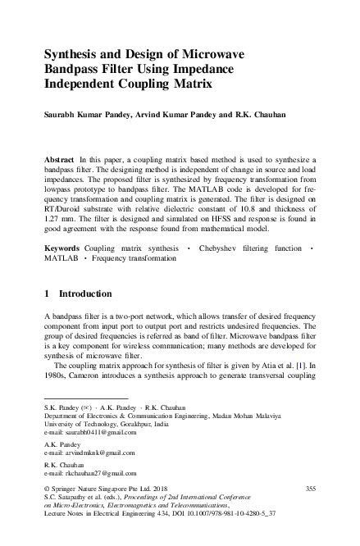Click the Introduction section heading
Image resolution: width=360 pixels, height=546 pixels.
pos(85,293)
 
